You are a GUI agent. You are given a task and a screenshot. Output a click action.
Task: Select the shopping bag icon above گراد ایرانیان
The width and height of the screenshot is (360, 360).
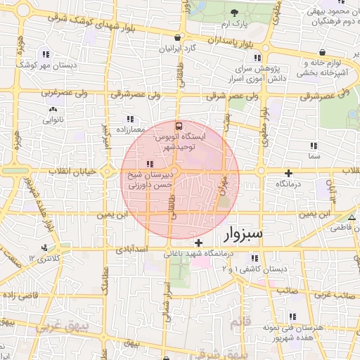tap(176, 38)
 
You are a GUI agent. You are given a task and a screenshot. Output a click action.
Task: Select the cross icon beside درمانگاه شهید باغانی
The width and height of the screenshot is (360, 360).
tap(199, 243)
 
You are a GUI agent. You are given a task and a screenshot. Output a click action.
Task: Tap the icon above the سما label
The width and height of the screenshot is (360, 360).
tap(314, 145)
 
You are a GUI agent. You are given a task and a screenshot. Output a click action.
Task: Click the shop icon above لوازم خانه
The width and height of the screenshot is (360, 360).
tap(321, 52)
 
